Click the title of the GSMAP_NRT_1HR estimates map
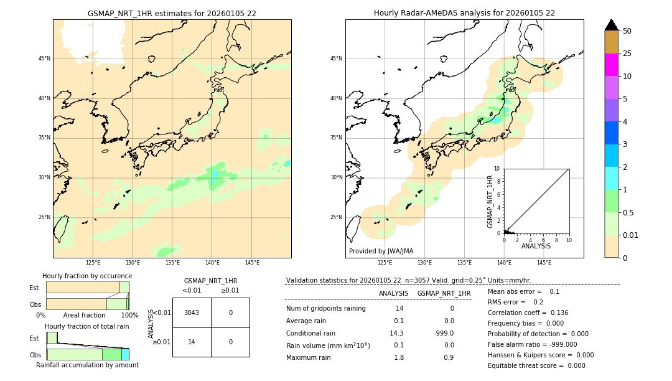pos(172,13)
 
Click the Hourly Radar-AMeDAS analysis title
pos(464,13)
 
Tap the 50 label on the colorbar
pos(627,31)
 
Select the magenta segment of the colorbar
pos(611,65)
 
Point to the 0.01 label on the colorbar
pos(631,235)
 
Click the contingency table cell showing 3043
pos(192,313)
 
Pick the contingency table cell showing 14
pos(192,342)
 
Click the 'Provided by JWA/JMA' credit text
pos(381,252)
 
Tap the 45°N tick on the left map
pos(44,59)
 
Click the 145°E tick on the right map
pos(544,263)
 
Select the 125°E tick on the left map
pos(93,263)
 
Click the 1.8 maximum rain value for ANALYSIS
pos(399,357)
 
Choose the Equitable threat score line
pos(536,365)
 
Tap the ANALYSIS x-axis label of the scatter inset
pos(536,246)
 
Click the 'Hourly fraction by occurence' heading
pos(87,276)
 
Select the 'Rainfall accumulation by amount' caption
pos(87,365)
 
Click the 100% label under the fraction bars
pos(129,315)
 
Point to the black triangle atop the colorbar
pos(611,25)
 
